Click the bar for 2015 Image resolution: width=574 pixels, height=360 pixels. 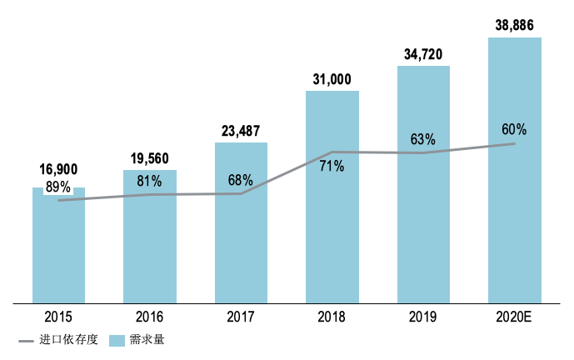58,250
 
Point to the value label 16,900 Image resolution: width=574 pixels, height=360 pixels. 58,170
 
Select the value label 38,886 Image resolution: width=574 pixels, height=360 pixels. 515,25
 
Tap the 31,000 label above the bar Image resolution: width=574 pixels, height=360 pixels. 332,78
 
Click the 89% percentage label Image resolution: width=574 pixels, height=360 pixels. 58,186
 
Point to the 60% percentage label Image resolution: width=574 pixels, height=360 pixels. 514,129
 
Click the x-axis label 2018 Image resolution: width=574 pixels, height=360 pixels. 332,317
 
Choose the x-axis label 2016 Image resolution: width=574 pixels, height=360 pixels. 150,317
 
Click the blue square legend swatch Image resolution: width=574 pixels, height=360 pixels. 117,340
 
